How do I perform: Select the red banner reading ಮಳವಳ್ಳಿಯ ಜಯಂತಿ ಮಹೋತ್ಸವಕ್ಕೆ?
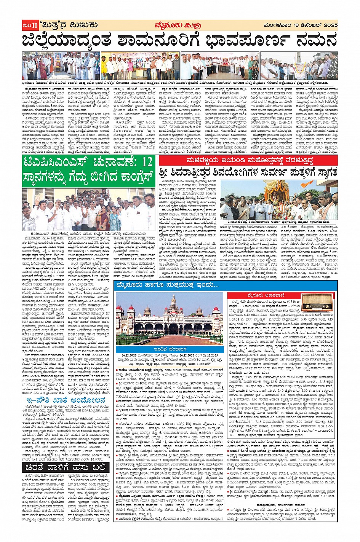click(x=248, y=161)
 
